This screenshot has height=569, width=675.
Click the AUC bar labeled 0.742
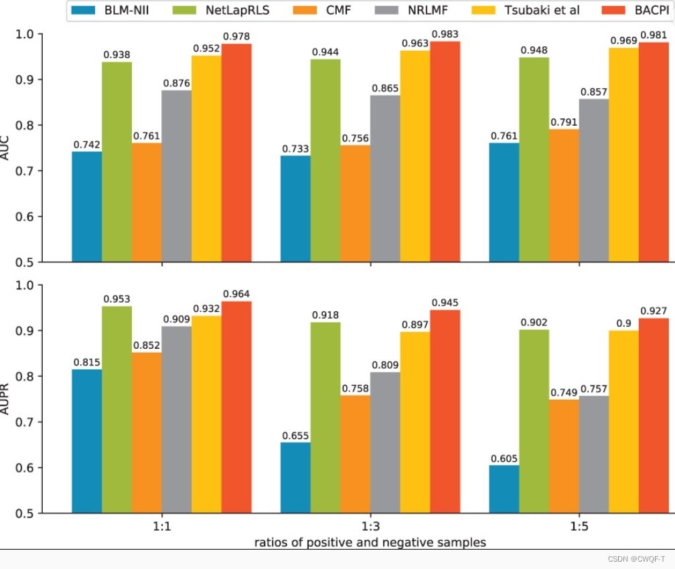(87, 206)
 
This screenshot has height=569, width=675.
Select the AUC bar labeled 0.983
(445, 151)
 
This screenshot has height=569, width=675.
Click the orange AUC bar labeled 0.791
(564, 195)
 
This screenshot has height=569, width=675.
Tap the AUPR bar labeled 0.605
(504, 489)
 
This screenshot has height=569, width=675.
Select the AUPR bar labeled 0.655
(295, 477)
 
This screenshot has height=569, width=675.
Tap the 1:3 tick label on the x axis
(370, 527)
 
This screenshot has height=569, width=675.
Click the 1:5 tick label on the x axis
(579, 527)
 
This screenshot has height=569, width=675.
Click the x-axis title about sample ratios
(370, 542)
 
